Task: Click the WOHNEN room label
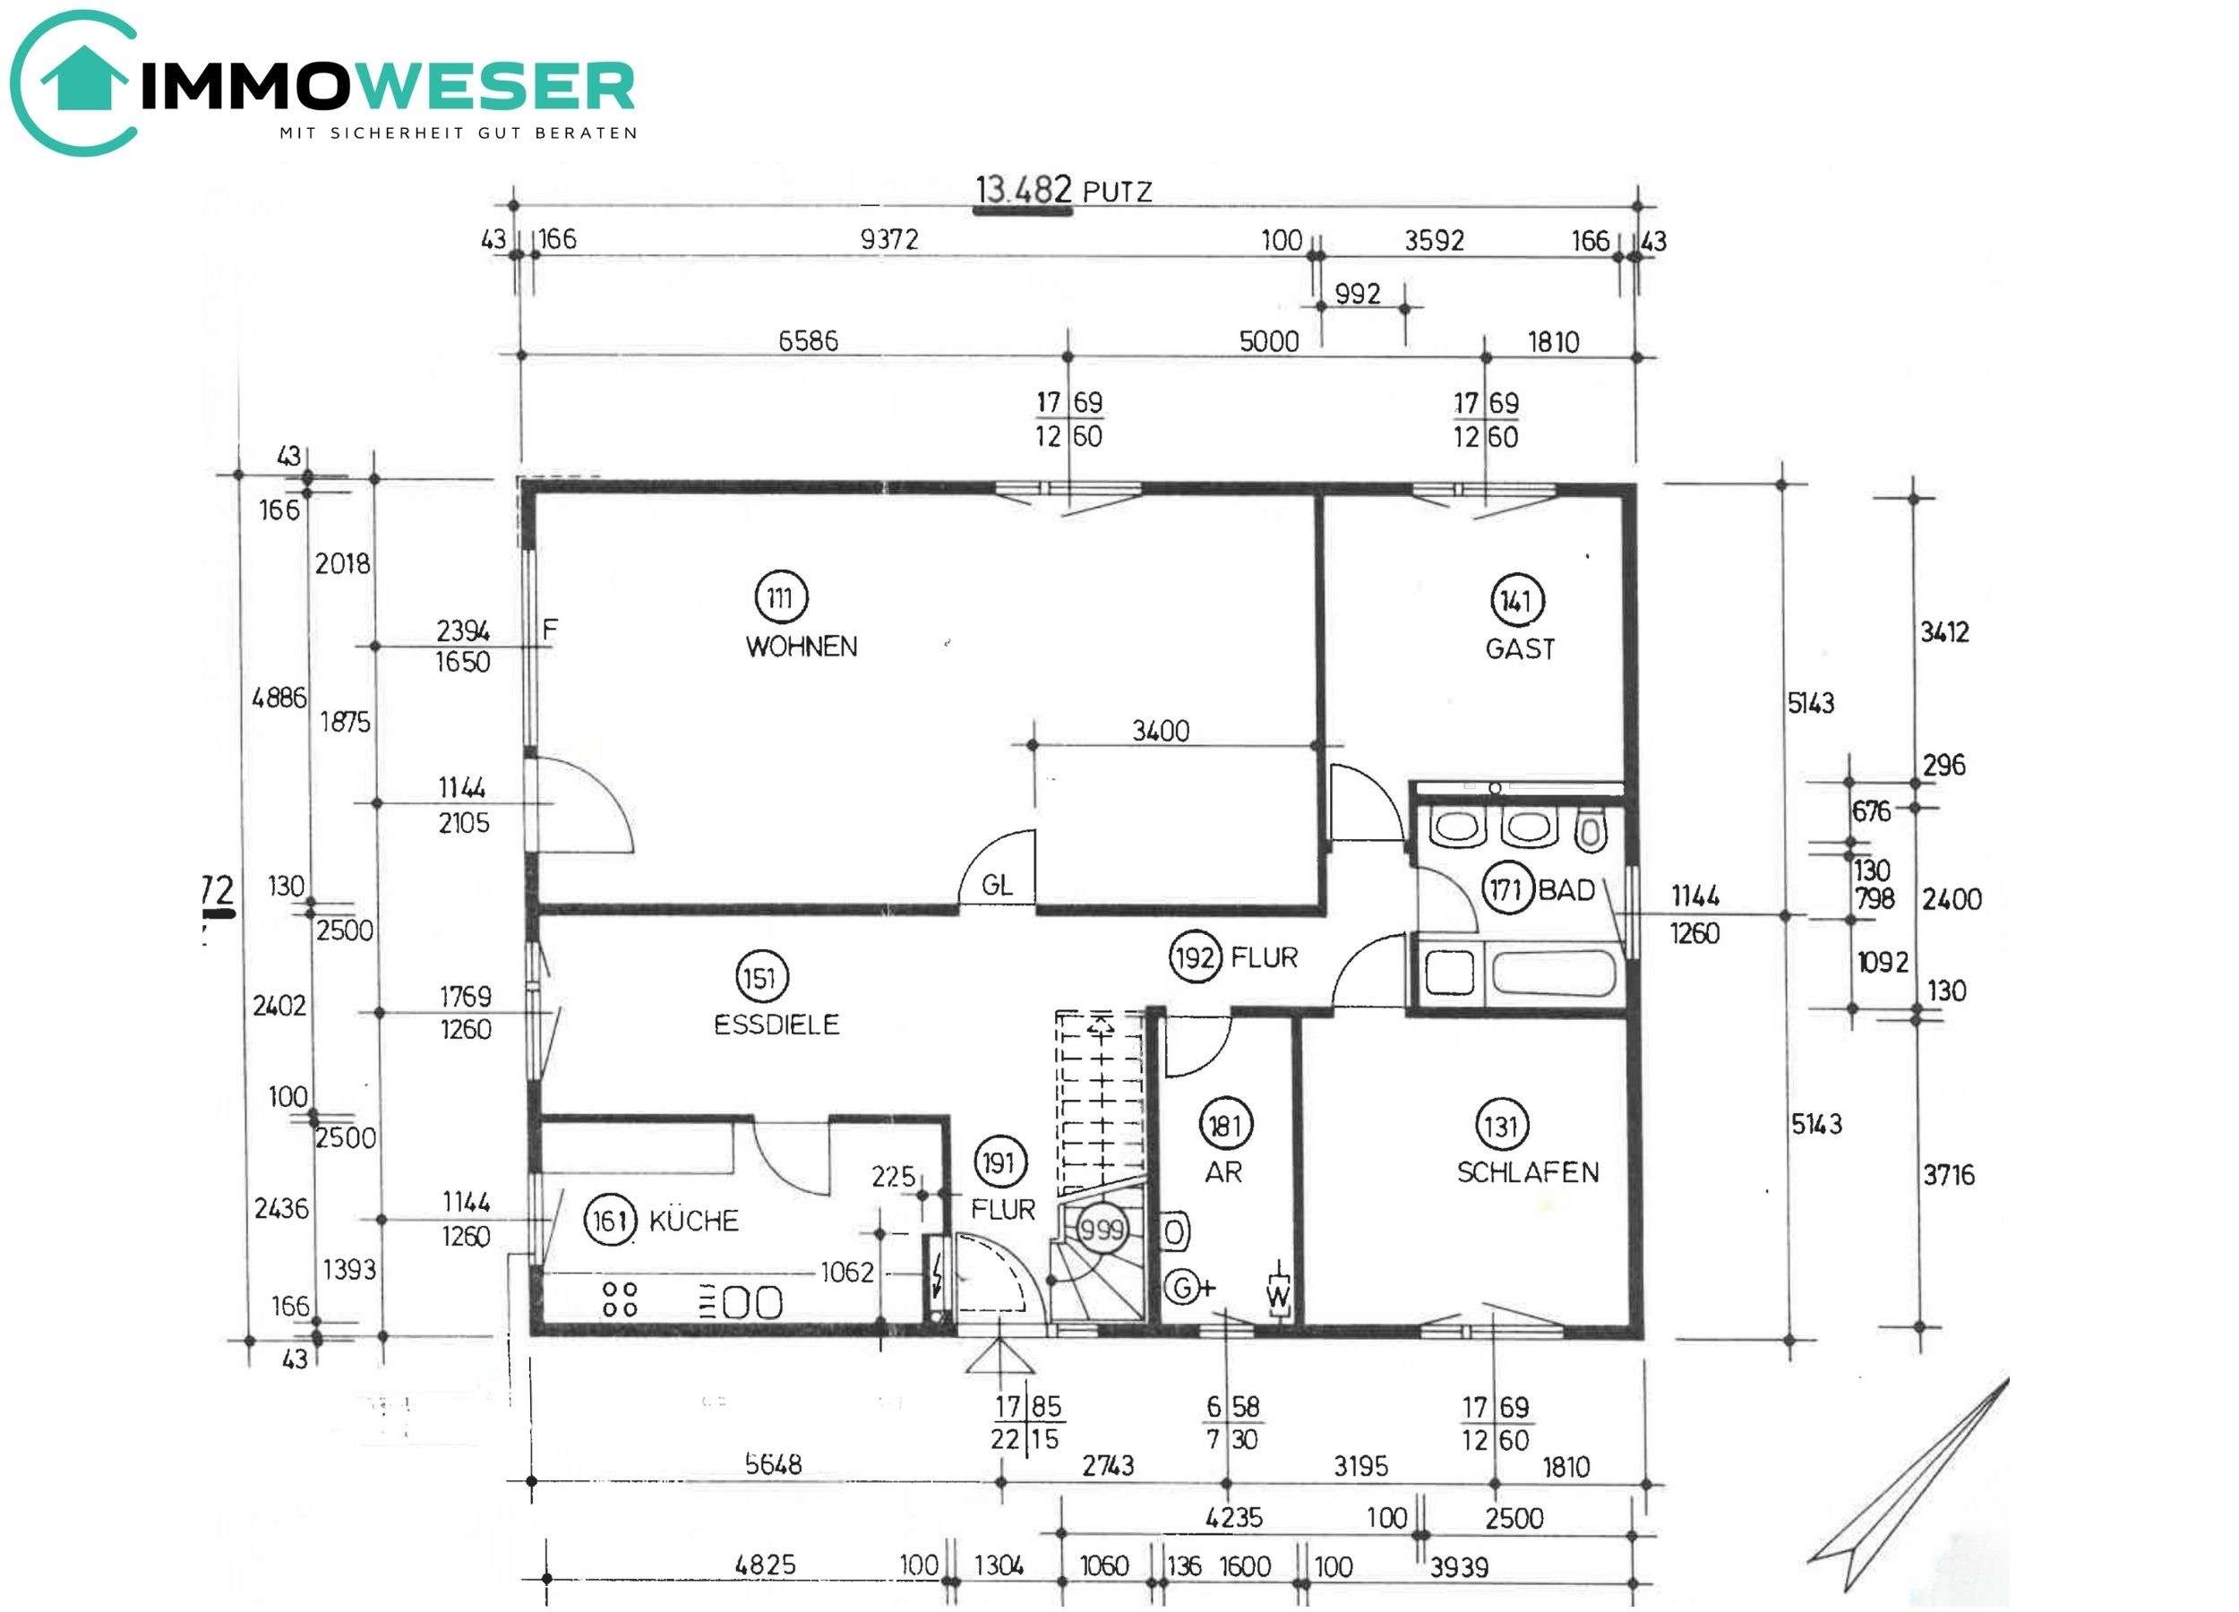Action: tap(801, 647)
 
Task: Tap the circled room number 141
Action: tap(1515, 601)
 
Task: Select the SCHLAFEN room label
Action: tap(1527, 1171)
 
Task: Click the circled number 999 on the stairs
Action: tap(1101, 1229)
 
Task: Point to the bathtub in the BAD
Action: tap(1553, 973)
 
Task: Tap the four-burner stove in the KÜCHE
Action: tap(620, 1299)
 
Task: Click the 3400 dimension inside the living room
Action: tap(1160, 731)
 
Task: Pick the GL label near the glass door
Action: tap(996, 885)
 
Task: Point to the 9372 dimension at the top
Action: tap(888, 239)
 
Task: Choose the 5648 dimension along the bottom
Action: tap(773, 1463)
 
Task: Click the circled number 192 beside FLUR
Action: tap(1195, 956)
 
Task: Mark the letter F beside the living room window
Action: tap(550, 629)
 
